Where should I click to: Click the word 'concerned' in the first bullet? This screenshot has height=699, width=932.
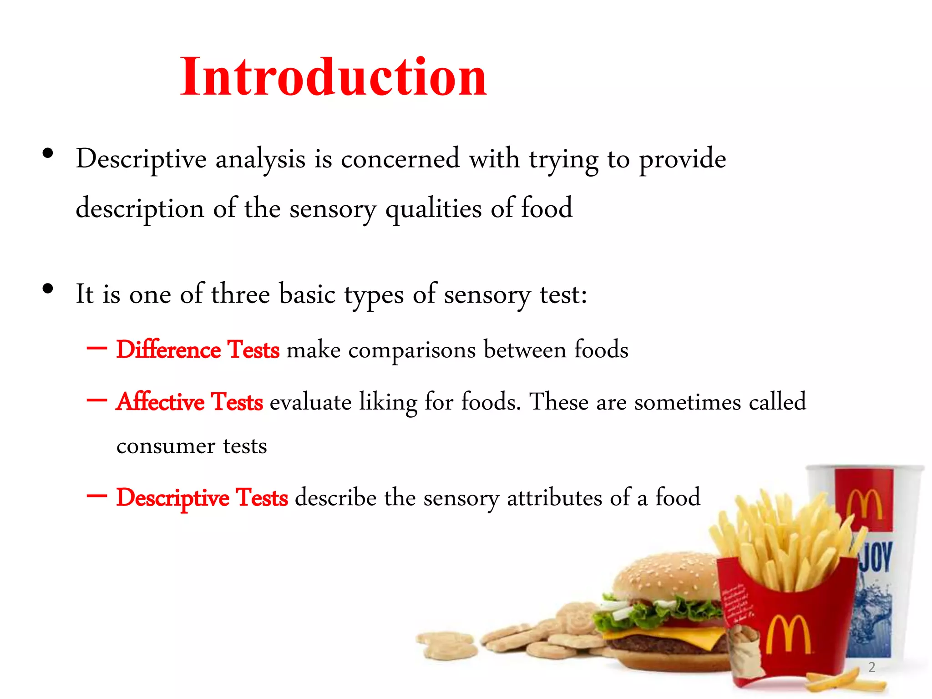coord(400,159)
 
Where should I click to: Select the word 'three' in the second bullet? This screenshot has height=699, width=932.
coord(240,294)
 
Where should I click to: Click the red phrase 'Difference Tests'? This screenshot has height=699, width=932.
coord(198,350)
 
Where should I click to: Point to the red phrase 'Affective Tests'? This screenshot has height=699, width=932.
coord(189,402)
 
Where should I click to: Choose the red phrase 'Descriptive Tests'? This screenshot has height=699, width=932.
coord(202,497)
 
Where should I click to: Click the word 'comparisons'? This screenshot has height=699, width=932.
coord(412,350)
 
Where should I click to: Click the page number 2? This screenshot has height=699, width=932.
coord(871,667)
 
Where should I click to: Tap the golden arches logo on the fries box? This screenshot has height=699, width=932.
coord(788,635)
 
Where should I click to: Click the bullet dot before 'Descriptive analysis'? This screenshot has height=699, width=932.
coord(48,154)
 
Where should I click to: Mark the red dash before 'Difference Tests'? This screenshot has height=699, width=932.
coord(96,349)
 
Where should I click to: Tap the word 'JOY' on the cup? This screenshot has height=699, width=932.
coord(875,557)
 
